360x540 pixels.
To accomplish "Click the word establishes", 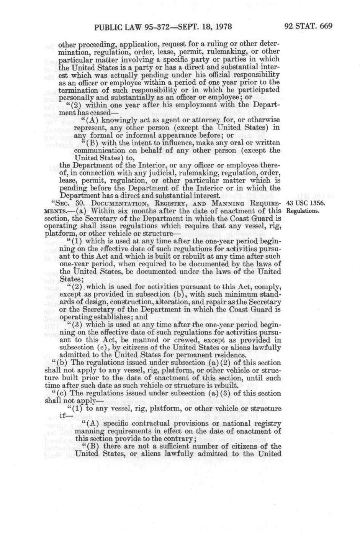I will (x=114, y=317).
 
